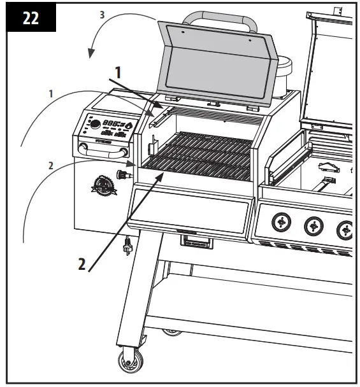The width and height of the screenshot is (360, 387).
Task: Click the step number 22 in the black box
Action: click(29, 17)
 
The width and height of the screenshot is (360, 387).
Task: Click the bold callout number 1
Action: click(117, 74)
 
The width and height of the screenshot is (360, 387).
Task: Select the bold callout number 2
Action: click(81, 264)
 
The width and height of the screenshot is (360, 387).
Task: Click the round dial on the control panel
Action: click(94, 125)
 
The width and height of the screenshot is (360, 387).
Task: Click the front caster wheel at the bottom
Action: click(131, 361)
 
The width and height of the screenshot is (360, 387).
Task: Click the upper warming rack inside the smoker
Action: click(210, 115)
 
